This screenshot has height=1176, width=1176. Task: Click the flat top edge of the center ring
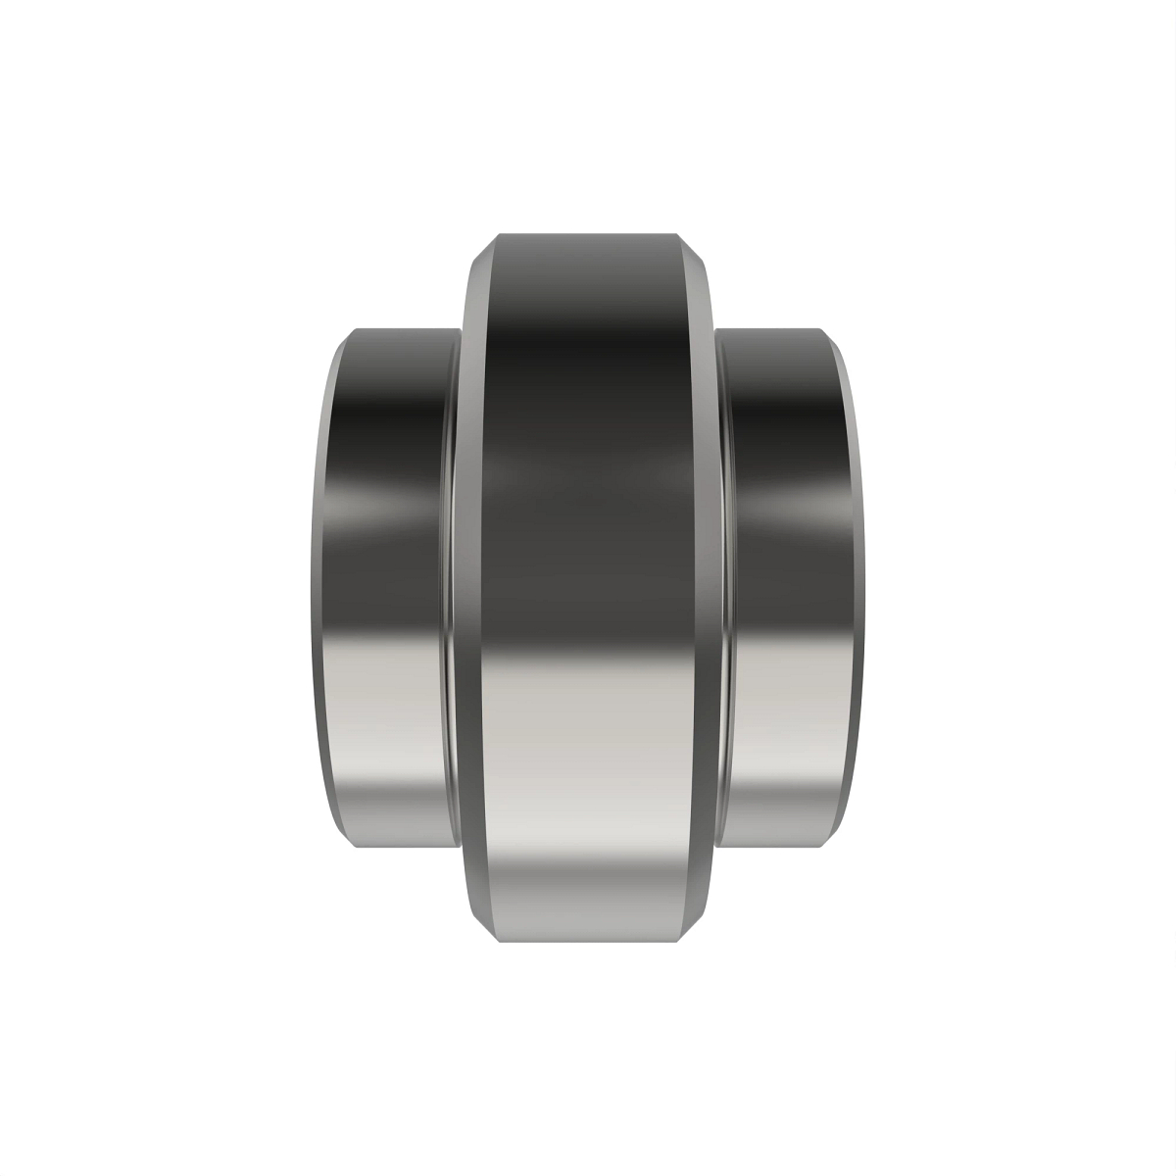pyautogui.click(x=587, y=235)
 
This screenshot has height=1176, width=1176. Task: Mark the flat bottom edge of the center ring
pyautogui.click(x=587, y=941)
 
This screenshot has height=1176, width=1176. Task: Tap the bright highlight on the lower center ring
pyautogui.click(x=587, y=784)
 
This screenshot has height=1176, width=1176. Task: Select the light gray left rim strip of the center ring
pyautogui.click(x=471, y=588)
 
